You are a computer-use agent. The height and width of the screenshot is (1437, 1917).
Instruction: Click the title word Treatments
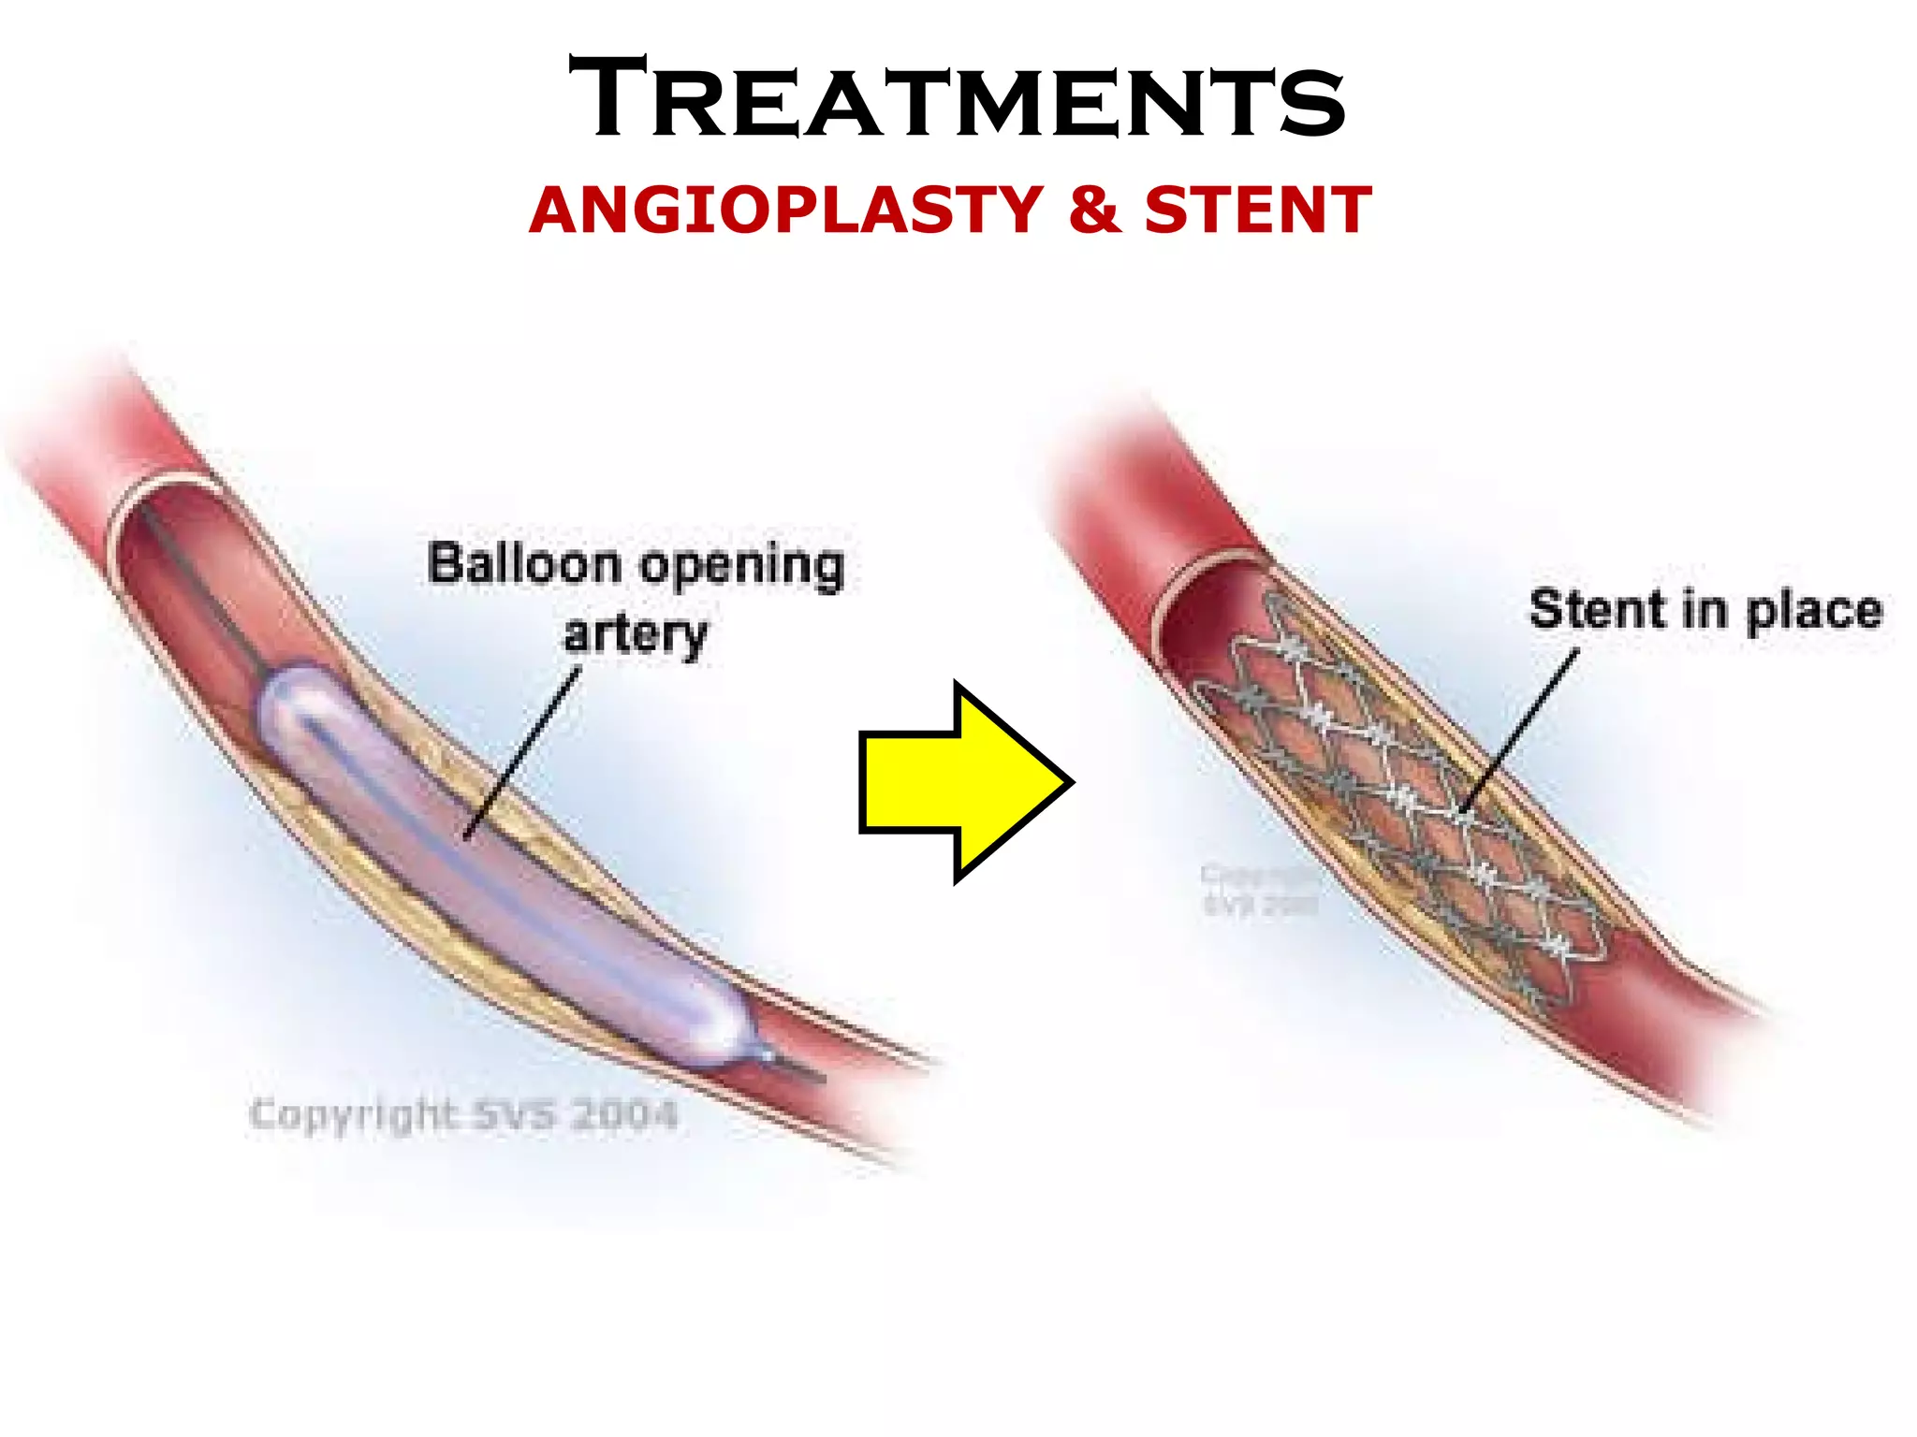[x=957, y=99]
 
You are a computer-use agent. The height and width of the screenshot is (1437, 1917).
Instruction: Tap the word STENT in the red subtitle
[x=1257, y=210]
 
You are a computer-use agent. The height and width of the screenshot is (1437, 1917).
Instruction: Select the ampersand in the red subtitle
[x=1094, y=210]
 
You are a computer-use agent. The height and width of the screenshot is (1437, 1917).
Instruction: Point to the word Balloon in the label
[x=523, y=564]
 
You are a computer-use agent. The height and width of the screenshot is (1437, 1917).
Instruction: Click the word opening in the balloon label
[x=741, y=568]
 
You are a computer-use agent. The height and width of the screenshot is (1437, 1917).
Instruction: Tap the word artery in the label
[x=636, y=635]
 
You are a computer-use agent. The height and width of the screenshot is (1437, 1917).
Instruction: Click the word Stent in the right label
[x=1597, y=609]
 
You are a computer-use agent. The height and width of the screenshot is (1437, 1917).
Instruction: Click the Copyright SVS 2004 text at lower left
[x=462, y=1115]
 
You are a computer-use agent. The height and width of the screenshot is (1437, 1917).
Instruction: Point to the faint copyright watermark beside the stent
[x=1259, y=889]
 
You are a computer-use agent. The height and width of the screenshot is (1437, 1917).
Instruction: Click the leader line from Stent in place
[x=1521, y=730]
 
